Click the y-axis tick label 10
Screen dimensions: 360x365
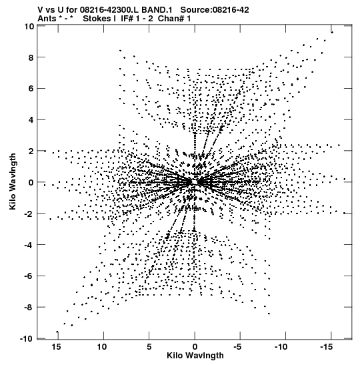point(29,26)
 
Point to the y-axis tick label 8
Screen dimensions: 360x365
point(31,57)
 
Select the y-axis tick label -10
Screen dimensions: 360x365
point(27,339)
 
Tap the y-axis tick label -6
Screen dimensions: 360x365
point(29,276)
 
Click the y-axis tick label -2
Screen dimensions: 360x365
point(29,214)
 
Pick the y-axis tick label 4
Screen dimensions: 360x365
point(31,120)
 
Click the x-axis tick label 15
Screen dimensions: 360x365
point(57,347)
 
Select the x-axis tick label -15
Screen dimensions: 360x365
point(326,347)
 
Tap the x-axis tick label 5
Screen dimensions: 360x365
point(149,347)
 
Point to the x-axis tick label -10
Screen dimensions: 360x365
point(281,347)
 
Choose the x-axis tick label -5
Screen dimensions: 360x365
point(237,347)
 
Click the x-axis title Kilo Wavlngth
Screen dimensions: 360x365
point(195,356)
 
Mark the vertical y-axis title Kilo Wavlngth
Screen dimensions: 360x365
point(13,181)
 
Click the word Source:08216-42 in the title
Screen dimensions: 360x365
point(215,10)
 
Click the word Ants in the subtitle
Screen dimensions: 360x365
point(47,19)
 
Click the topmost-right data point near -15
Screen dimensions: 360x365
point(332,32)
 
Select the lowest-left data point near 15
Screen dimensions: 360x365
point(57,332)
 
